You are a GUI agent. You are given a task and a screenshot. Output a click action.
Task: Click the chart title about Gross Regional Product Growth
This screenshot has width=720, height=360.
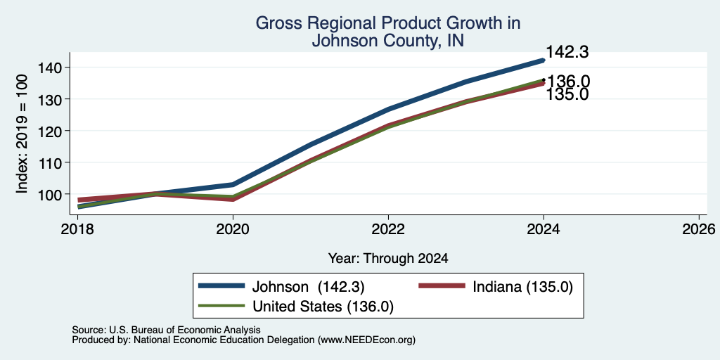click(x=387, y=32)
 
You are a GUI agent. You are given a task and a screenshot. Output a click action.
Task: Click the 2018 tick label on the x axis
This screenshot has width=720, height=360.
click(x=77, y=229)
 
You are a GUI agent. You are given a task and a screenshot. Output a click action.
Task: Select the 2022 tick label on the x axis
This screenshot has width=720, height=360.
click(x=388, y=229)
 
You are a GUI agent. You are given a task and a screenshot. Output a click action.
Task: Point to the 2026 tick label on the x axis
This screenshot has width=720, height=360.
click(x=699, y=229)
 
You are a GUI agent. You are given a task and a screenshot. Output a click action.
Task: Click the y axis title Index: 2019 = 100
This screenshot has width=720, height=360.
click(x=22, y=134)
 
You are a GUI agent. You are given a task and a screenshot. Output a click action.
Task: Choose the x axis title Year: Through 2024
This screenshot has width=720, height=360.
click(x=388, y=259)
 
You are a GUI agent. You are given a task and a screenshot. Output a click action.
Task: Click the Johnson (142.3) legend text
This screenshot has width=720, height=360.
click(x=308, y=287)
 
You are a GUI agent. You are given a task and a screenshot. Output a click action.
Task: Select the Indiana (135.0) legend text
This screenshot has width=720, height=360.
click(x=522, y=287)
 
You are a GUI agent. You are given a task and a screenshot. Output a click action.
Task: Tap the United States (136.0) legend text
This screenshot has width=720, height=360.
click(x=323, y=307)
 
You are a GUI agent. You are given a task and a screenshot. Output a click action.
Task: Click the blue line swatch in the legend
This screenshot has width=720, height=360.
click(x=221, y=285)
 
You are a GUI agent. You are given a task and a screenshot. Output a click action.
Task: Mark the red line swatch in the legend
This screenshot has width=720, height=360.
click(x=442, y=285)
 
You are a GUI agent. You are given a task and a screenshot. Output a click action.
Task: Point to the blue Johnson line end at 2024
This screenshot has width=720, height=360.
click(x=544, y=60)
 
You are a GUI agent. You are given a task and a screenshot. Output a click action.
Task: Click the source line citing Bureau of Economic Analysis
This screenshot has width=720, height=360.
click(x=166, y=330)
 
